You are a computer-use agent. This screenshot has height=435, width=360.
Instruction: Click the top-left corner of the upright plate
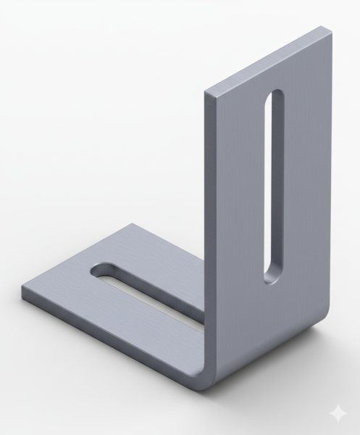point(207,92)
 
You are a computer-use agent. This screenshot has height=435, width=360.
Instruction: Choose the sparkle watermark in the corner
point(338,413)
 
